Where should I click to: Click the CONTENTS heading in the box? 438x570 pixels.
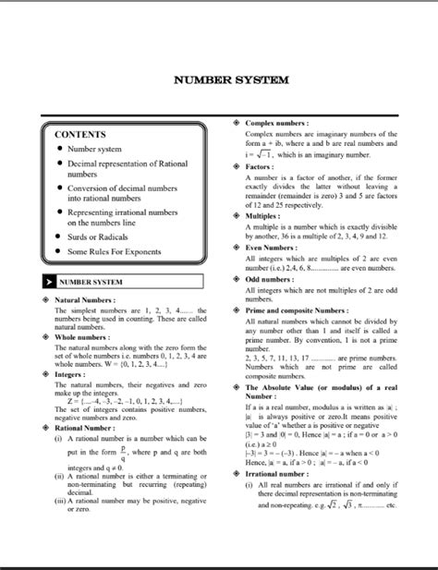(x=79, y=134)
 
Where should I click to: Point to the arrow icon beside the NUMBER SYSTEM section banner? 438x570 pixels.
(x=46, y=281)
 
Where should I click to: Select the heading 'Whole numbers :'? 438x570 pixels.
(x=82, y=338)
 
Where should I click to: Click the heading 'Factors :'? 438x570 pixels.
(x=259, y=167)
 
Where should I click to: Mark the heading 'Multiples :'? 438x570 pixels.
(x=262, y=215)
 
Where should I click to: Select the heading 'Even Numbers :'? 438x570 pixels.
(x=271, y=248)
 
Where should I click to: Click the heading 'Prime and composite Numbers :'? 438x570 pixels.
(x=297, y=311)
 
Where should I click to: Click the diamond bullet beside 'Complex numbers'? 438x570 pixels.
(x=237, y=123)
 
